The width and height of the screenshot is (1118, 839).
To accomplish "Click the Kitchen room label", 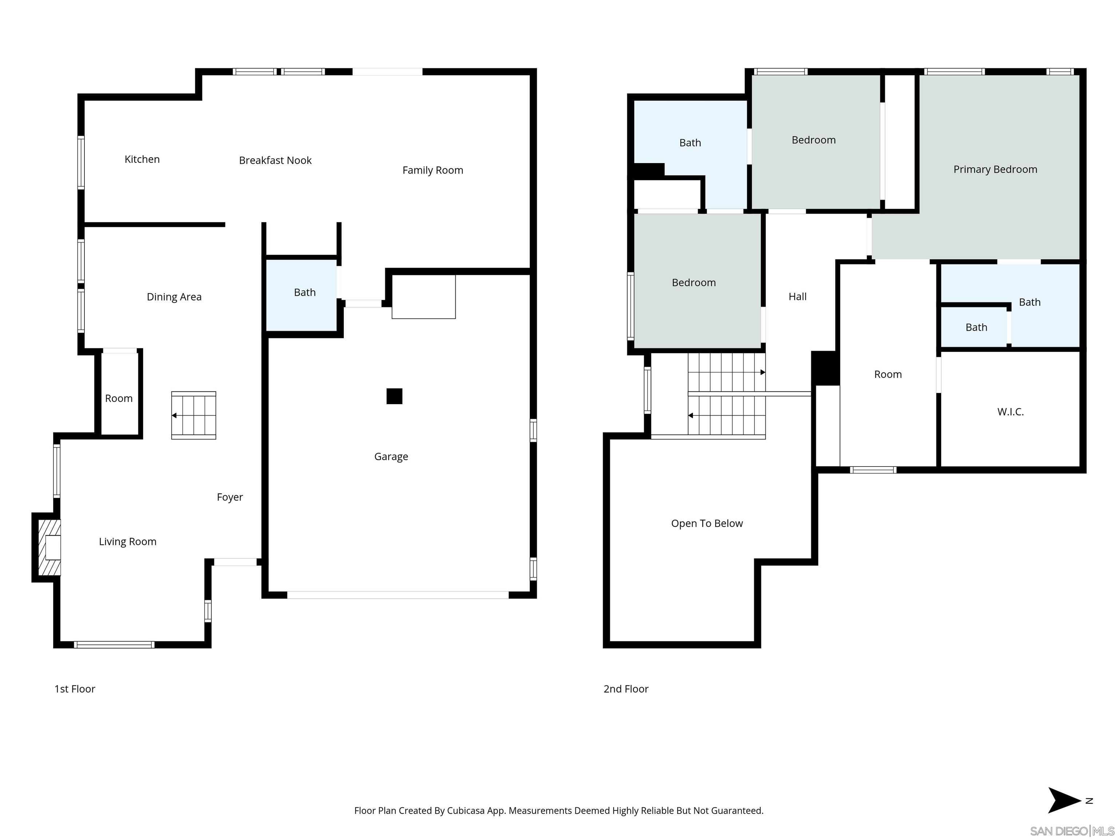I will [x=142, y=159].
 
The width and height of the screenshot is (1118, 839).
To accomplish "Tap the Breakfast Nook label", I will [x=275, y=160].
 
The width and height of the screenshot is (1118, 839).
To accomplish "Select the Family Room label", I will [x=433, y=170].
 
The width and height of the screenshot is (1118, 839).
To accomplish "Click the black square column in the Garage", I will [x=394, y=396].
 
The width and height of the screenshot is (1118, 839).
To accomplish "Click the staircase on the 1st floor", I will [x=194, y=415].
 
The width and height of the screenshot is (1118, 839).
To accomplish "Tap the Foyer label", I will [x=230, y=497].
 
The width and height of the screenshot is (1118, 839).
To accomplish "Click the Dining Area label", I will [x=174, y=297].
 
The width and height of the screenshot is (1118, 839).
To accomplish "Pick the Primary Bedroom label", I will [x=995, y=169].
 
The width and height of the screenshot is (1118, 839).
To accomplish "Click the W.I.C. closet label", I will [x=1010, y=411].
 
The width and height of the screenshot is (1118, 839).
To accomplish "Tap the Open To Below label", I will [x=707, y=523].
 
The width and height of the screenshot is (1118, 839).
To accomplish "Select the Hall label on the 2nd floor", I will [x=797, y=297].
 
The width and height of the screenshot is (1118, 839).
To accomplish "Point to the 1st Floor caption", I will [x=75, y=689].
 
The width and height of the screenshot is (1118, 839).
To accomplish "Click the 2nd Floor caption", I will [x=626, y=689].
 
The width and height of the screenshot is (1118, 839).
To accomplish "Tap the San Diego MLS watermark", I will [x=1071, y=831].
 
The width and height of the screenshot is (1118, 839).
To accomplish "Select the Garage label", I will [x=391, y=457].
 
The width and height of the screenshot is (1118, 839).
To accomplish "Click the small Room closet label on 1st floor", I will [x=119, y=398].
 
